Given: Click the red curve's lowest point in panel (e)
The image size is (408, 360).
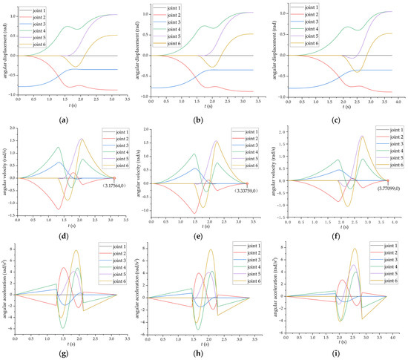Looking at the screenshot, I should [195, 212].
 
